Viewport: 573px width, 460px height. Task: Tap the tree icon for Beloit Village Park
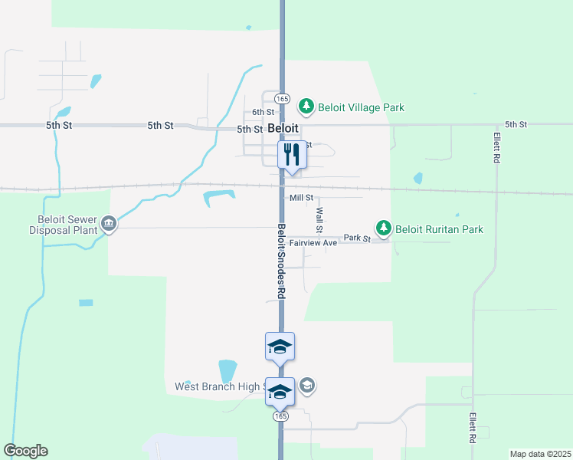(306, 106)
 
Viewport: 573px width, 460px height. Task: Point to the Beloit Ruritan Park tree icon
(383, 228)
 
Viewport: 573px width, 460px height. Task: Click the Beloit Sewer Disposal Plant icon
(109, 223)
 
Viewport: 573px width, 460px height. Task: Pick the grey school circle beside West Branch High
(306, 386)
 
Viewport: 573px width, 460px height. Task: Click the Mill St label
(302, 198)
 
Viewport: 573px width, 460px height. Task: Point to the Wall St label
(319, 220)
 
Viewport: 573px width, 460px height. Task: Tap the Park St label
(357, 238)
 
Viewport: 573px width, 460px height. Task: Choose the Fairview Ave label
(313, 243)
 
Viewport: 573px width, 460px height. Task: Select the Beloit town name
(283, 129)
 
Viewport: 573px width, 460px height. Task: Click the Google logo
(25, 451)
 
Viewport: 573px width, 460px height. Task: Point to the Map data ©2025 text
(539, 454)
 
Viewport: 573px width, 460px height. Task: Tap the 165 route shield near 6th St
(283, 99)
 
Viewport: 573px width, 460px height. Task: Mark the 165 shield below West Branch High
(280, 415)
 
